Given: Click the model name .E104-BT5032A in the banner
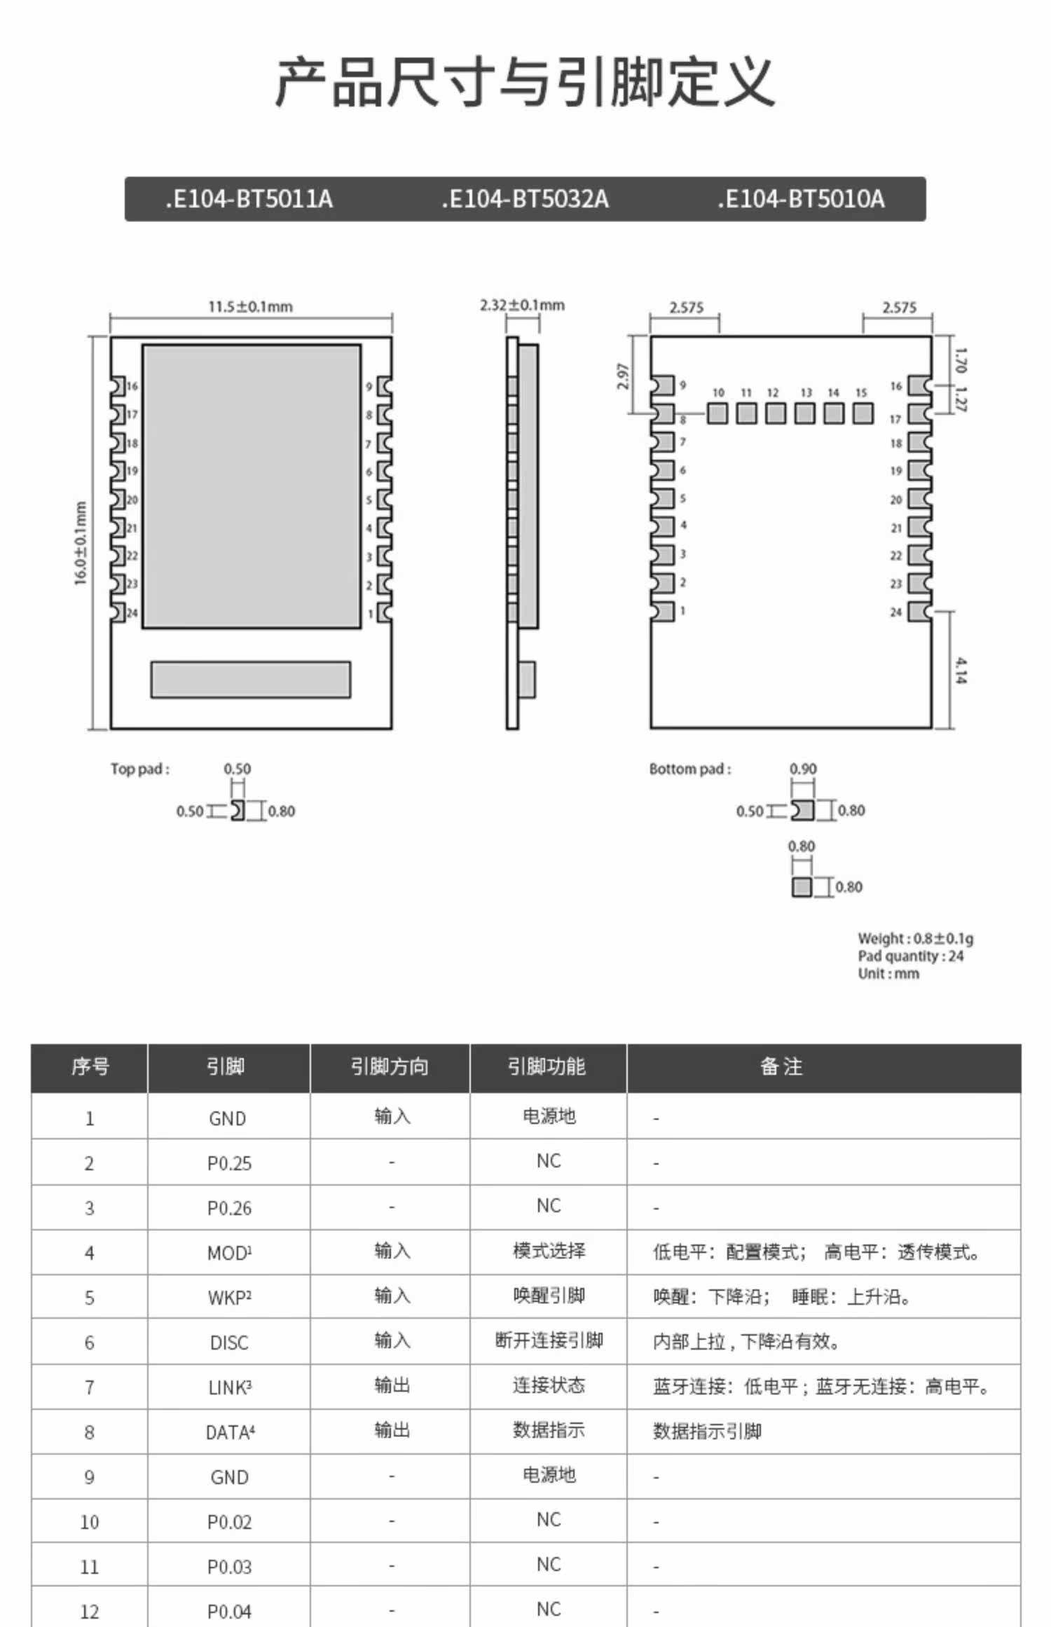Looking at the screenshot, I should click(x=525, y=200).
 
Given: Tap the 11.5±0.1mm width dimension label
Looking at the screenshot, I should click(x=250, y=307).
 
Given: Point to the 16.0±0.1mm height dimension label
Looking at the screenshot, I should click(x=81, y=543).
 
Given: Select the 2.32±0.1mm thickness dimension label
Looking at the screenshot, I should click(x=522, y=306).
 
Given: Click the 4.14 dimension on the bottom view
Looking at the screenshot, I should click(x=961, y=670).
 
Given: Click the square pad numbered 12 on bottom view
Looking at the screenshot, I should click(x=775, y=413).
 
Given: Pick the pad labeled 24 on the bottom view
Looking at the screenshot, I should click(x=919, y=612).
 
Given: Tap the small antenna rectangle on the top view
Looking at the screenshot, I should click(x=250, y=679).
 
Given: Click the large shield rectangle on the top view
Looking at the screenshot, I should click(x=252, y=486).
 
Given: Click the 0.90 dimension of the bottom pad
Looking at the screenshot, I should click(x=803, y=769).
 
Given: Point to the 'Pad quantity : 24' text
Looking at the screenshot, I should click(x=910, y=956).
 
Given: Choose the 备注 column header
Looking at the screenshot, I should click(x=781, y=1066).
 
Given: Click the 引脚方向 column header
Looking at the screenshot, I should click(x=390, y=1066).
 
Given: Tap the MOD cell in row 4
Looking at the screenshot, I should click(x=229, y=1253).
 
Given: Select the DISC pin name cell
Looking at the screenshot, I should click(x=229, y=1343).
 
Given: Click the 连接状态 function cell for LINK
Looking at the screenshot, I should click(x=549, y=1385).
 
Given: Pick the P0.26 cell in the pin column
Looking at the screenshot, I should click(x=229, y=1208).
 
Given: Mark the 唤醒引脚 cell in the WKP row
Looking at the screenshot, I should click(x=549, y=1296).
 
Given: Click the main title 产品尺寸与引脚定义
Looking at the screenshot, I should click(x=525, y=83).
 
